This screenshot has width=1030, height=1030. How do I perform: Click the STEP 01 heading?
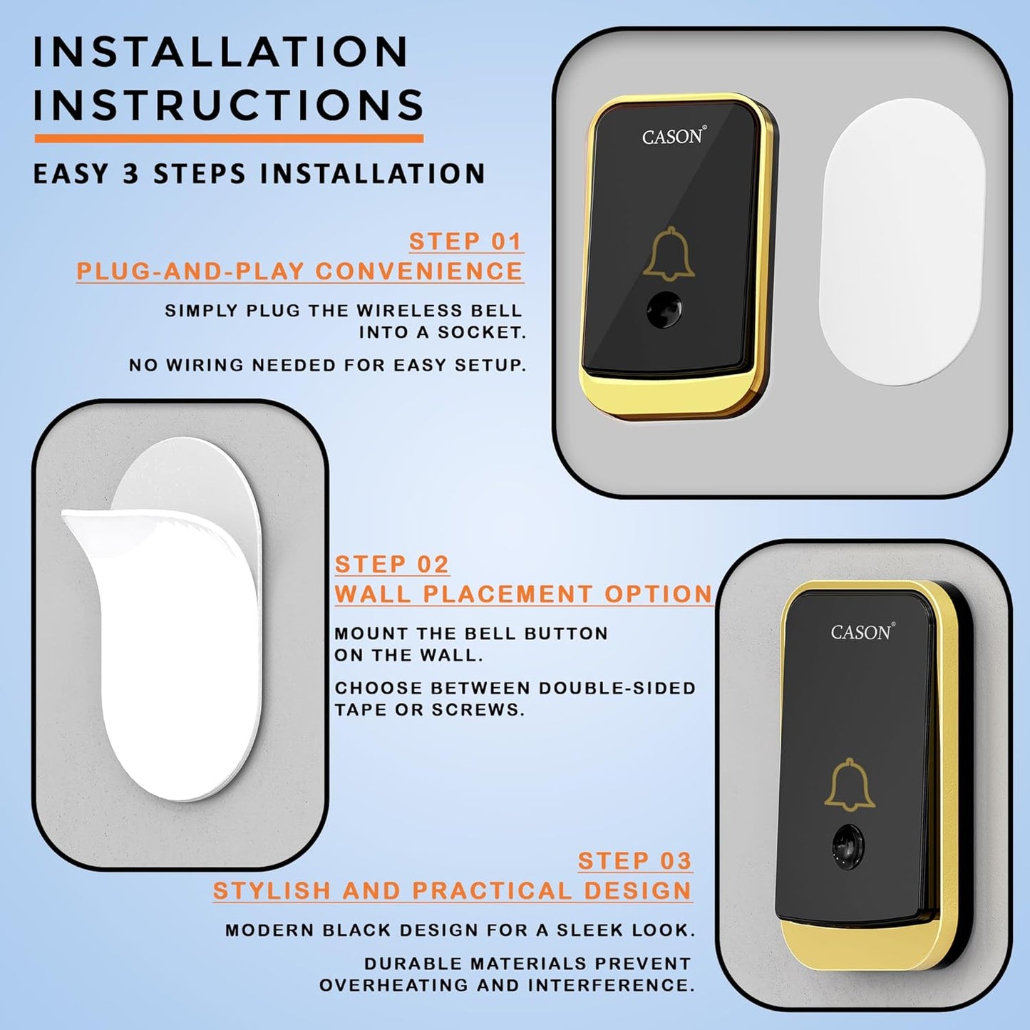click(x=465, y=242)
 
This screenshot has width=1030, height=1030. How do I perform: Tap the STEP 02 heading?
click(x=391, y=565)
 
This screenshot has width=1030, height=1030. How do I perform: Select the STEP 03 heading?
click(x=634, y=861)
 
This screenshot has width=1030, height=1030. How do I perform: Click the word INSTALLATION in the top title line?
click(x=221, y=52)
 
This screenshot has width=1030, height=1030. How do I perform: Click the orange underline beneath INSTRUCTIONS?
click(x=228, y=138)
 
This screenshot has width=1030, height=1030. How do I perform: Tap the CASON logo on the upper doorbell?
click(x=673, y=137)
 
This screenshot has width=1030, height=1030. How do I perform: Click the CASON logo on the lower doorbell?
click(x=861, y=632)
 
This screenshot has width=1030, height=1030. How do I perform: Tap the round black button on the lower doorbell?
click(x=847, y=847)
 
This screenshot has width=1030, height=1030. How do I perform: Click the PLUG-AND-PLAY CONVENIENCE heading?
click(x=299, y=272)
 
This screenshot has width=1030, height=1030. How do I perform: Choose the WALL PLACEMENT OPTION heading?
click(x=523, y=594)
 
